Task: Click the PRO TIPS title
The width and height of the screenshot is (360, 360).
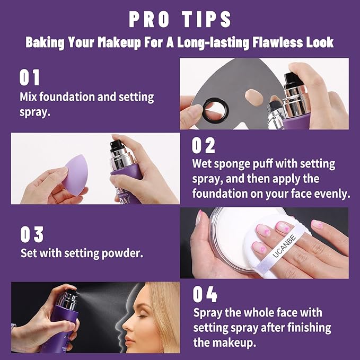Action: point(180,19)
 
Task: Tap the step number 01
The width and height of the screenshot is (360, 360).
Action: point(30,77)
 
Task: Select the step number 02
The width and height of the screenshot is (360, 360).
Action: point(204,145)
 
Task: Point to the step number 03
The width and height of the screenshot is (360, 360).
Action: point(32,234)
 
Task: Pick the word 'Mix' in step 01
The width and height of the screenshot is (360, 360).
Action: point(29,98)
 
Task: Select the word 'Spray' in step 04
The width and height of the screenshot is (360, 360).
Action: point(207,313)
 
